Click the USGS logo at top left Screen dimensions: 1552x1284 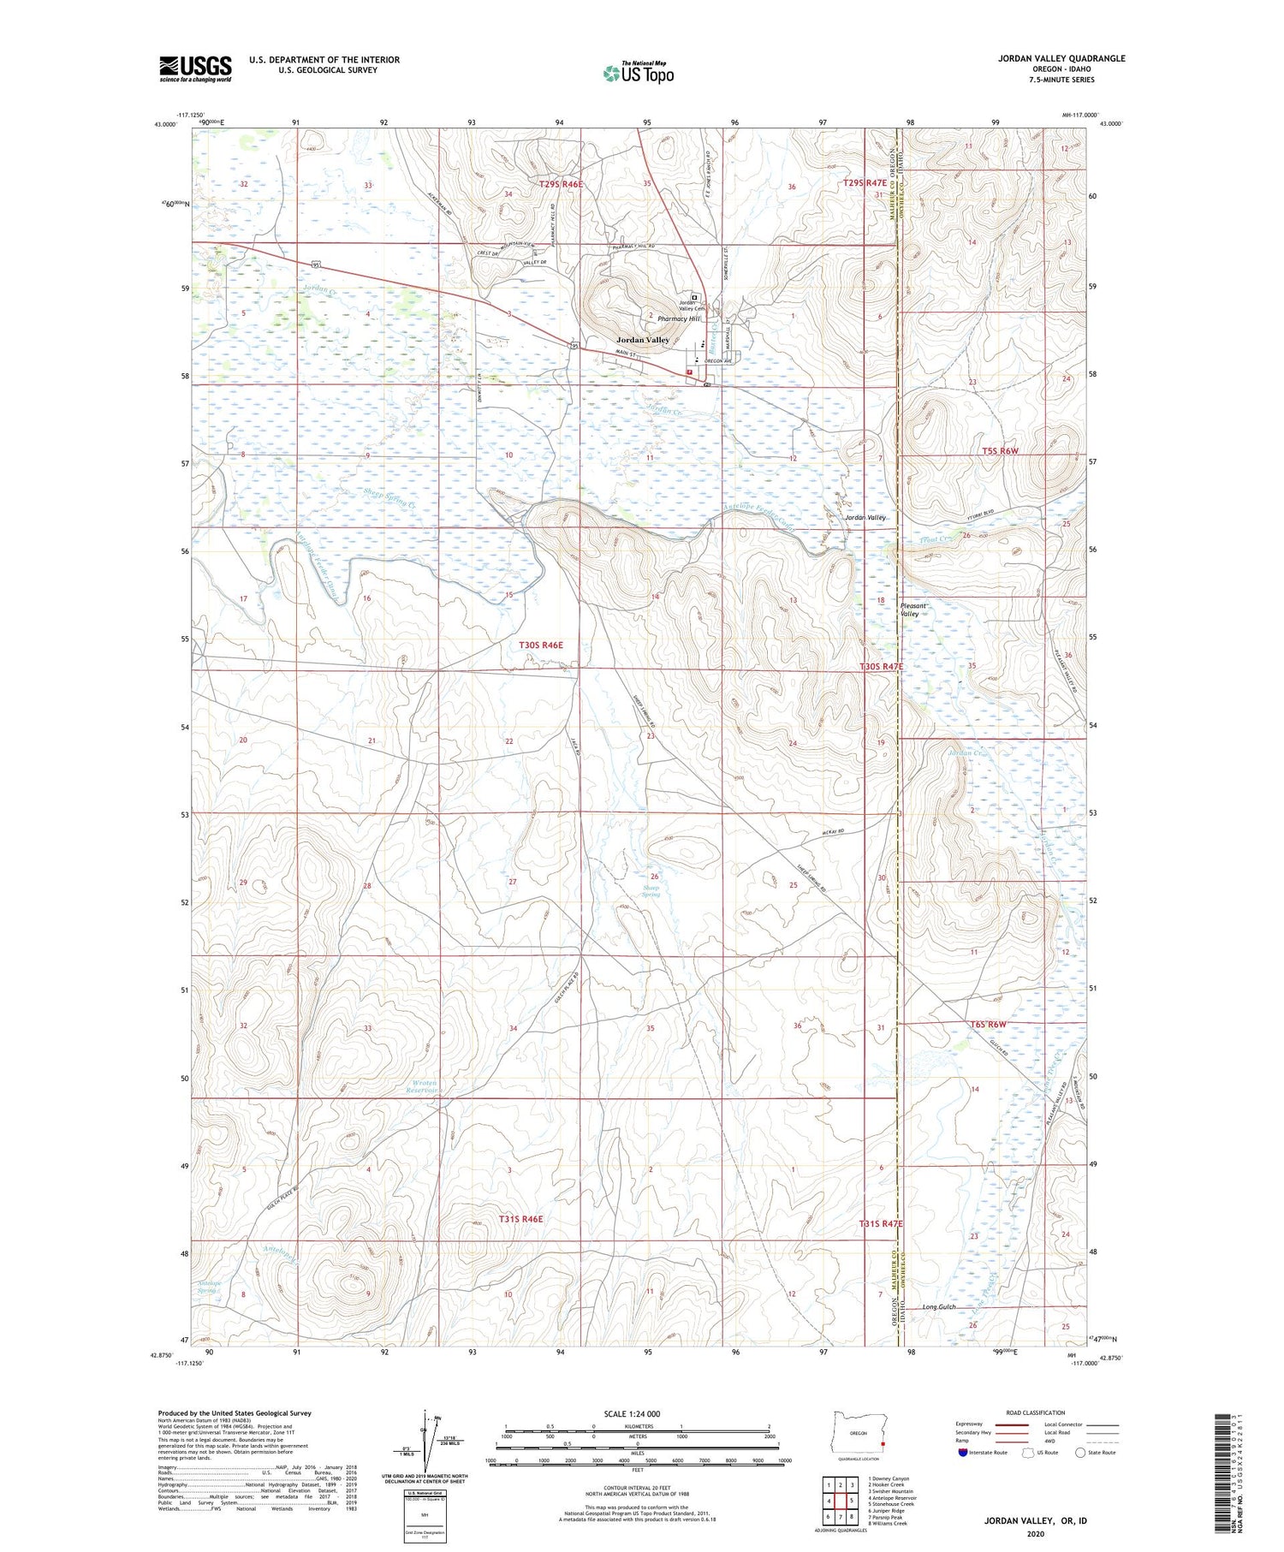pyautogui.click(x=195, y=68)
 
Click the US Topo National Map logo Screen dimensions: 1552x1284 pyautogui.click(x=638, y=73)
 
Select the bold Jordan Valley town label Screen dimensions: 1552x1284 pyautogui.click(x=643, y=340)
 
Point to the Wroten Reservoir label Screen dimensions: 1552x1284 pyautogui.click(x=422, y=1086)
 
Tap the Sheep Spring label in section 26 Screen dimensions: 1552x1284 pyautogui.click(x=651, y=891)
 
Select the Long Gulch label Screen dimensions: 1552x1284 pyautogui.click(x=938, y=1307)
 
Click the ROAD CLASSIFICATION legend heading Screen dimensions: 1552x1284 pyautogui.click(x=1036, y=1412)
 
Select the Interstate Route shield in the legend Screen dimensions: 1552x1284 pyautogui.click(x=963, y=1452)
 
